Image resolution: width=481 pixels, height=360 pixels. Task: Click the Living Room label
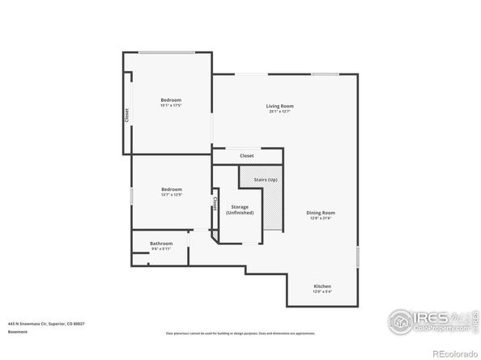coord(279,106)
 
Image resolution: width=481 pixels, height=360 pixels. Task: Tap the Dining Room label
coord(320,213)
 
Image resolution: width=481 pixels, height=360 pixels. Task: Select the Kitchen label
coord(322,286)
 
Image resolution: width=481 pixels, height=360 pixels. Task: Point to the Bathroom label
coord(161,244)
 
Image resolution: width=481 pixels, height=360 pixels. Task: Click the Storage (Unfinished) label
coord(240,210)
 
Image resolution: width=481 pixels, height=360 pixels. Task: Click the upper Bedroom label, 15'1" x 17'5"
coord(170,100)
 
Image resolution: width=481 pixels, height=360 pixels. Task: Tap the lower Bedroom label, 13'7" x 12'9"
coord(170,188)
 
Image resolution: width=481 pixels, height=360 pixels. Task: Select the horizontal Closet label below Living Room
coord(247,155)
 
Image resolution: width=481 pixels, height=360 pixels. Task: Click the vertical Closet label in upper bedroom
coord(126,116)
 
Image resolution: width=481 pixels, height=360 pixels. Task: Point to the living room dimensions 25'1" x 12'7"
coord(279,112)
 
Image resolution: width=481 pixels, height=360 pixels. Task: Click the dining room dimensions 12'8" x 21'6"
coord(320,218)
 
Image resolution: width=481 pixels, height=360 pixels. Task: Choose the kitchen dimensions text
coord(322,292)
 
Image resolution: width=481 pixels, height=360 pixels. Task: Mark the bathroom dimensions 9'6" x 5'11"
coord(160,249)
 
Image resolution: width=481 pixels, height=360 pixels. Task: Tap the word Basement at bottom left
coord(18,331)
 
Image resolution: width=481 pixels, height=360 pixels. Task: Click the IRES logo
coord(421,322)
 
